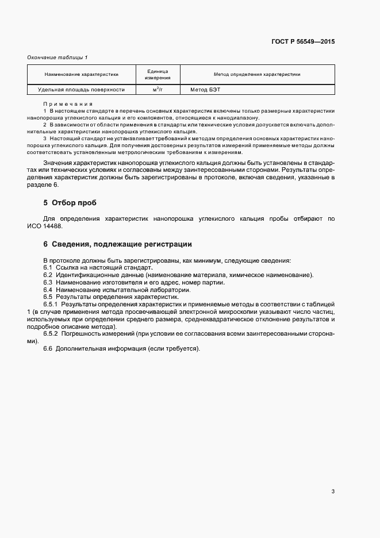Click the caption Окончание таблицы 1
(57, 57)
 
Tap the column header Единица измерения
(157, 74)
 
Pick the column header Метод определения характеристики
(256, 74)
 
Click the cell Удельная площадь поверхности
(81, 90)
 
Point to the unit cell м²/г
(157, 90)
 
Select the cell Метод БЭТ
(205, 90)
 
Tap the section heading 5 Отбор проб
(70, 203)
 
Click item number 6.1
(48, 268)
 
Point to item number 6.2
(48, 275)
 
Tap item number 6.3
(48, 282)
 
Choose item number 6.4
(48, 290)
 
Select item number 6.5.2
(51, 334)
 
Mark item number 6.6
(48, 349)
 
